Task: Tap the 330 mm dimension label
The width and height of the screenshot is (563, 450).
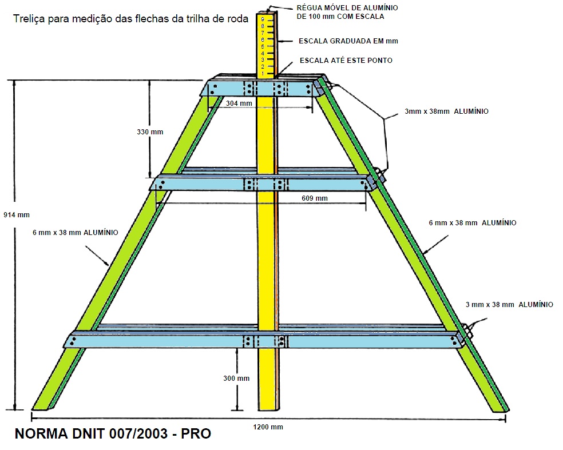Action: [150, 132]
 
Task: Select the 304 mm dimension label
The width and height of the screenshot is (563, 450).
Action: [239, 103]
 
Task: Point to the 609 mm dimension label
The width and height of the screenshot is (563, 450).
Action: [314, 198]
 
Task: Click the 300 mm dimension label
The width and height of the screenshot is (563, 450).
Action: [236, 379]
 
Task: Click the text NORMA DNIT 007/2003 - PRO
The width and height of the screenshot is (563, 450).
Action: [112, 434]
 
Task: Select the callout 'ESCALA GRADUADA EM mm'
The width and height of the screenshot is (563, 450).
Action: [348, 41]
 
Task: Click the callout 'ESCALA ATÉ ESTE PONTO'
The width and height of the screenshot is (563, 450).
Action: [346, 60]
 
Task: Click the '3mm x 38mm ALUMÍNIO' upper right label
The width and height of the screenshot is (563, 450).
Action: [446, 111]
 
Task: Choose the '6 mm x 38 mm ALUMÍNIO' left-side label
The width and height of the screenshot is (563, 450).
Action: [76, 233]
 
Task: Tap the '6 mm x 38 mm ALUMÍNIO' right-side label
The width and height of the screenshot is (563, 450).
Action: [473, 222]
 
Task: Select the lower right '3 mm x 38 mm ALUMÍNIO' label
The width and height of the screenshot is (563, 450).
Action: [509, 305]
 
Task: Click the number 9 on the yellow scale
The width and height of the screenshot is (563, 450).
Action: [263, 19]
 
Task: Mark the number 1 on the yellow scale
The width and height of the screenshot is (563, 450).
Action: [263, 73]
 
